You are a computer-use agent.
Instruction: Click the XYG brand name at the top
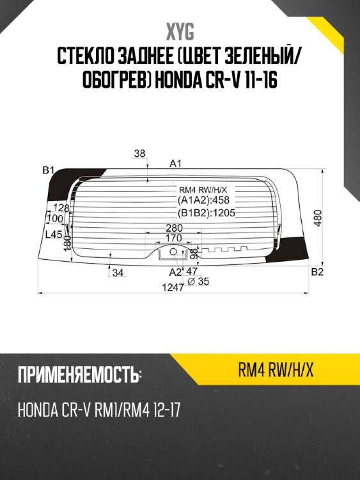(x=180, y=31)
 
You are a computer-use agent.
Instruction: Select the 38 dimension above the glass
(x=141, y=153)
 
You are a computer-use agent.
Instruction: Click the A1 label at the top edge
(x=176, y=163)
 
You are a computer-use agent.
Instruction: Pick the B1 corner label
(x=48, y=170)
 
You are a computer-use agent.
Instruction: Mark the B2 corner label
(x=317, y=273)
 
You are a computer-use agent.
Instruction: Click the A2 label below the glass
(x=175, y=272)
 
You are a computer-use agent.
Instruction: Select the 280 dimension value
(x=174, y=228)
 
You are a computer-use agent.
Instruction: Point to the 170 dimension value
(x=173, y=238)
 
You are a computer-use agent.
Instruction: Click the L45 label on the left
(x=53, y=235)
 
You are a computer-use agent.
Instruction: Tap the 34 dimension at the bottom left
(x=117, y=273)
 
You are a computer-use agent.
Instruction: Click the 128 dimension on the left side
(x=61, y=208)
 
